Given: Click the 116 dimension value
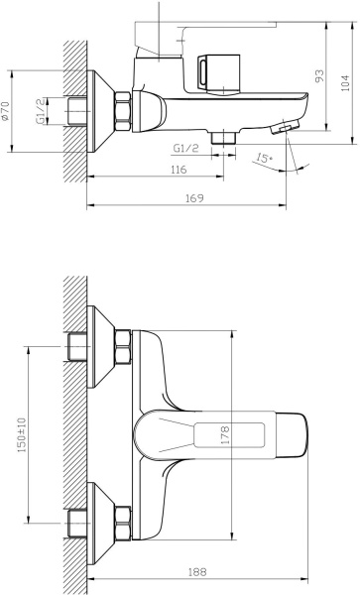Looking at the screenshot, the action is [179, 170].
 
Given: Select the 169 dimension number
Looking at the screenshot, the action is [194, 198].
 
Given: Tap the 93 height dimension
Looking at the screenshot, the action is [319, 76].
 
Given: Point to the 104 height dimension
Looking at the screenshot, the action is [344, 82].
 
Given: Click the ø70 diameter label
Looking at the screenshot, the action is [5, 111].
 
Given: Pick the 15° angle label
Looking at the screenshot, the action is [264, 158].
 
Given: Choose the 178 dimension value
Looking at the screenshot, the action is [225, 435].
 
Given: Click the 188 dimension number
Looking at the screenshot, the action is [197, 572].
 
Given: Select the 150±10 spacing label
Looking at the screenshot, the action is [22, 434].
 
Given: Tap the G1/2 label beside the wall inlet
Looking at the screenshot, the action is [41, 110].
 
